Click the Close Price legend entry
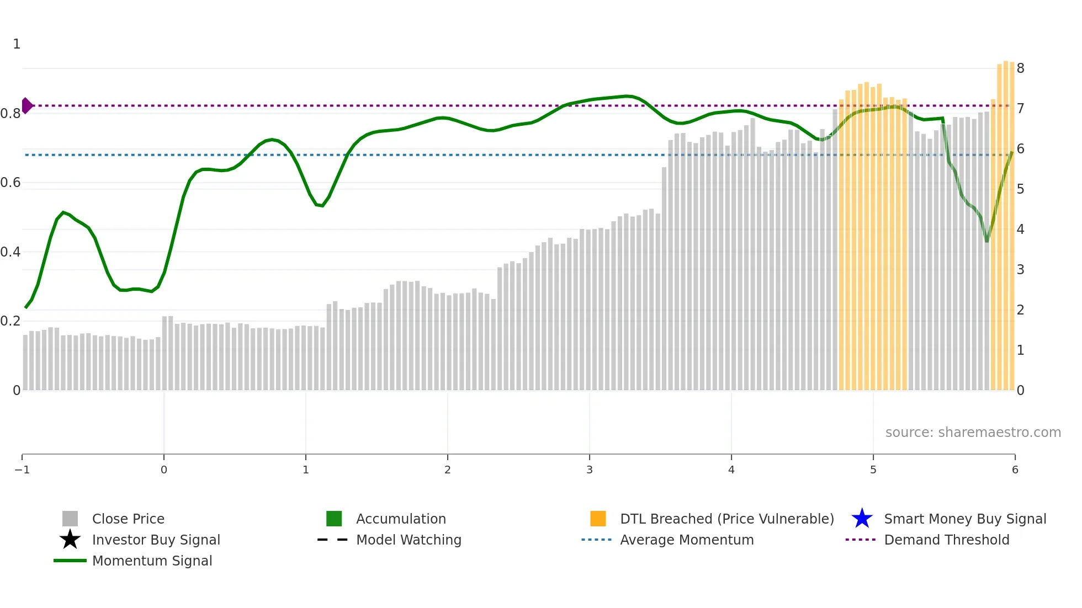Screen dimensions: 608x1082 [128, 519]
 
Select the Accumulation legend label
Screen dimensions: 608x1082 [401, 519]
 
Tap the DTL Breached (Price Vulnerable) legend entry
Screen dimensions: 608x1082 [726, 519]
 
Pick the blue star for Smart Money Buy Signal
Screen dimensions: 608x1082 [862, 519]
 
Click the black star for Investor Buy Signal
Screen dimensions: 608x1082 [70, 540]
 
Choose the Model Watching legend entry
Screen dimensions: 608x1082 [409, 540]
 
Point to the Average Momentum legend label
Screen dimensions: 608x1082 [687, 540]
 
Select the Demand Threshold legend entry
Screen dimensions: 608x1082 [946, 540]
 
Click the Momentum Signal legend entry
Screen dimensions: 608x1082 [152, 561]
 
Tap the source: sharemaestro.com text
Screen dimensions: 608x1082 [973, 432]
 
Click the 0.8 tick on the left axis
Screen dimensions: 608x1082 [10, 114]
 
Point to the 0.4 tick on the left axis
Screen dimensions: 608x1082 [10, 252]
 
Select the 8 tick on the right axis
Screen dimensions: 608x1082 [1020, 68]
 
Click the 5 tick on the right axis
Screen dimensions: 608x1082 [1020, 189]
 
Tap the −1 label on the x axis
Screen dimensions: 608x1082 [22, 470]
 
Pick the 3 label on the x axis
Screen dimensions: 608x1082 [590, 470]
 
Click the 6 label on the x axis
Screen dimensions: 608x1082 [1015, 470]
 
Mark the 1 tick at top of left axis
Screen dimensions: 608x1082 [17, 44]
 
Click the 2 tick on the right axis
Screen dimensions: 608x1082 [1020, 310]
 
